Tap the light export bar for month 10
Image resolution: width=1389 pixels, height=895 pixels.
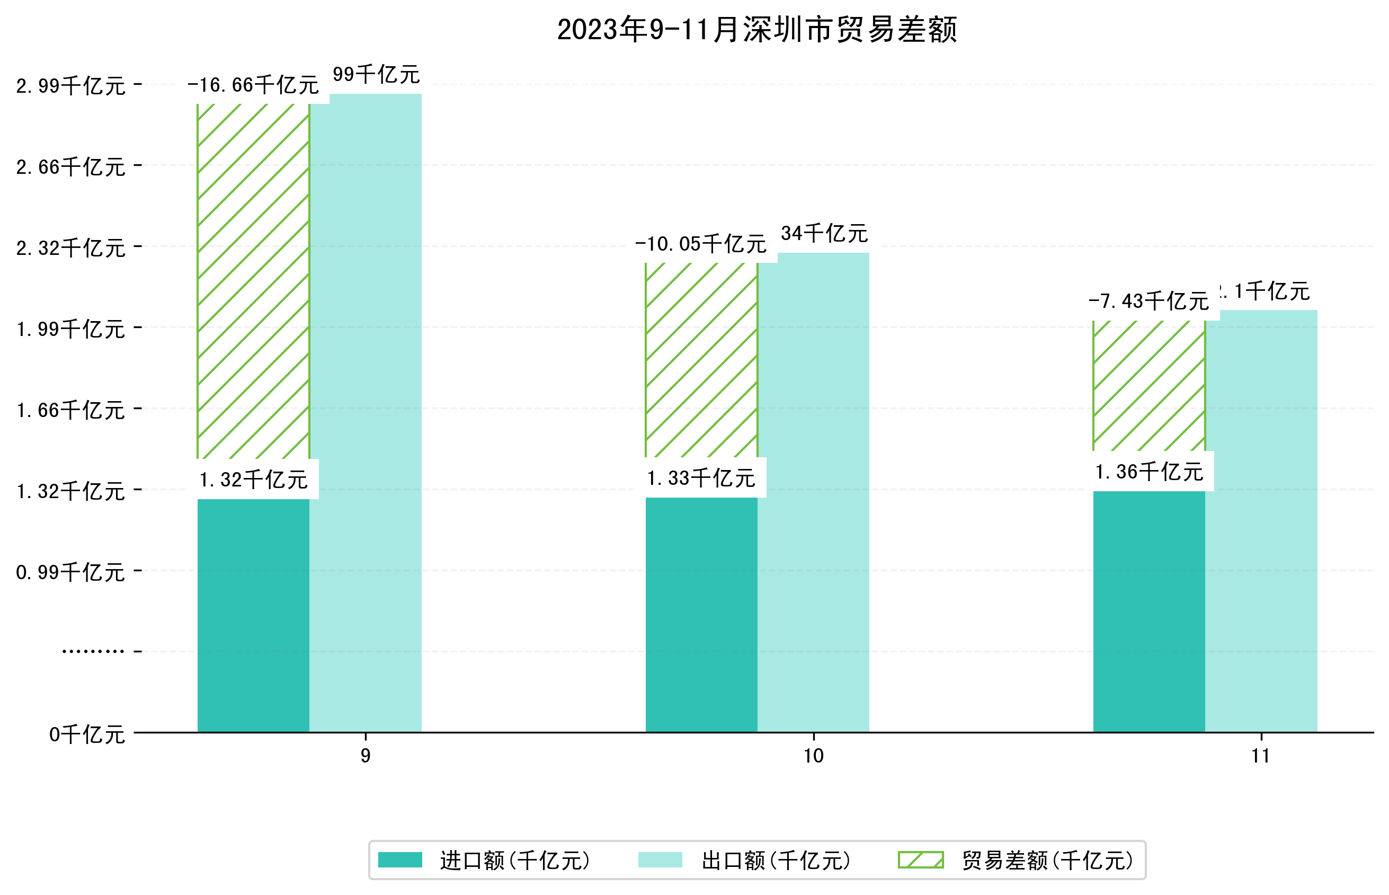click(813, 494)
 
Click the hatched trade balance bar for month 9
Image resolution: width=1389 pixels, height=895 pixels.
click(253, 282)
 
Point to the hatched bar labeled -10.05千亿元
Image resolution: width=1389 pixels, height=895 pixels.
click(701, 360)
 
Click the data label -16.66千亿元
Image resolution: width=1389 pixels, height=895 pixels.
click(253, 85)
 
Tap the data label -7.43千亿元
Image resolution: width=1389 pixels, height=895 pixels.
click(1148, 302)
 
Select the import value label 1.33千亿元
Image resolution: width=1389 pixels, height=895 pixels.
click(701, 478)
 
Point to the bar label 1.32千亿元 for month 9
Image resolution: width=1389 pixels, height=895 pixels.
click(253, 480)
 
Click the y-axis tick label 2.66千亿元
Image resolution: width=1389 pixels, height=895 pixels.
click(71, 167)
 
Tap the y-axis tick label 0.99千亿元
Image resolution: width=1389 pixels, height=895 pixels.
click(71, 572)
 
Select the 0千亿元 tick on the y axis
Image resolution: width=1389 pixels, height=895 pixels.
click(87, 734)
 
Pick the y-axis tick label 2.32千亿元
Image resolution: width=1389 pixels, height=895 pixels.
click(71, 248)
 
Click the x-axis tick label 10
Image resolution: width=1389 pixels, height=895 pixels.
click(813, 756)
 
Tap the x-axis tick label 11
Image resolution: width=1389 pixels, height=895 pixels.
click(1261, 756)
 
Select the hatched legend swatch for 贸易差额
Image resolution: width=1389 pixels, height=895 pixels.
click(920, 860)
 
